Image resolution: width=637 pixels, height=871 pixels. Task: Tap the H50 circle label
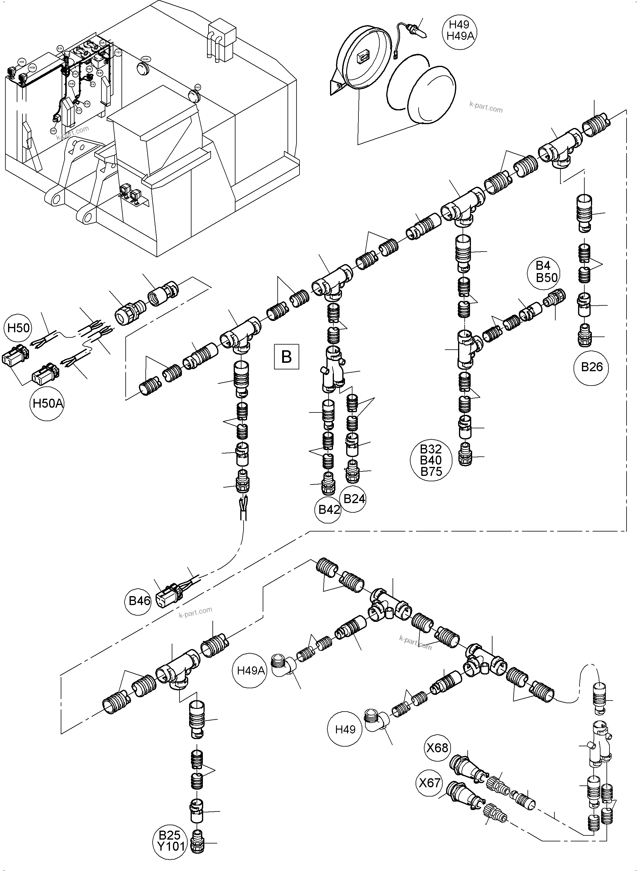(19, 328)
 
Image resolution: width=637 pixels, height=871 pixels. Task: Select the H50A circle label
(48, 403)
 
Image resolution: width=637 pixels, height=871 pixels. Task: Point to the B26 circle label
(592, 366)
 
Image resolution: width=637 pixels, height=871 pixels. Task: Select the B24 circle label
(354, 499)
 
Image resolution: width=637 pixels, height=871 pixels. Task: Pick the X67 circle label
(430, 783)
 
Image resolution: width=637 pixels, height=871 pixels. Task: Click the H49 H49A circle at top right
(459, 31)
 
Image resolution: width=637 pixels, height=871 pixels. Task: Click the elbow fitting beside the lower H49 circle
(375, 721)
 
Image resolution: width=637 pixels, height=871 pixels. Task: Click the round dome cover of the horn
(433, 94)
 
